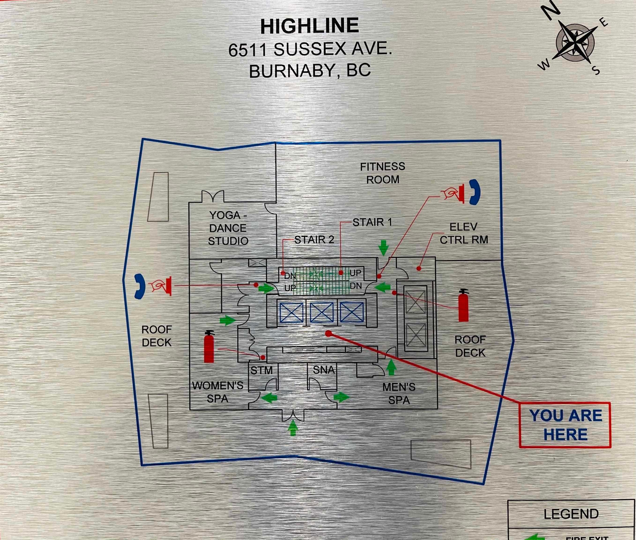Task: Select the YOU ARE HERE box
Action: click(565, 425)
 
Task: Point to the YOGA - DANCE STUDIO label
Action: click(228, 228)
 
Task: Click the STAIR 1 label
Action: click(372, 222)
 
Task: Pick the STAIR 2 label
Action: click(314, 240)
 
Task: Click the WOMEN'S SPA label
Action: click(218, 392)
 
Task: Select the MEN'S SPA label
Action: click(399, 393)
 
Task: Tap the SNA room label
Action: click(324, 370)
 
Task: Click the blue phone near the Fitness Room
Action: click(475, 192)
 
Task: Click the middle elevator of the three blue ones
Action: click(322, 312)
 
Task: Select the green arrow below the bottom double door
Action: click(293, 428)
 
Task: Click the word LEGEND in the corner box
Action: click(571, 514)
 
